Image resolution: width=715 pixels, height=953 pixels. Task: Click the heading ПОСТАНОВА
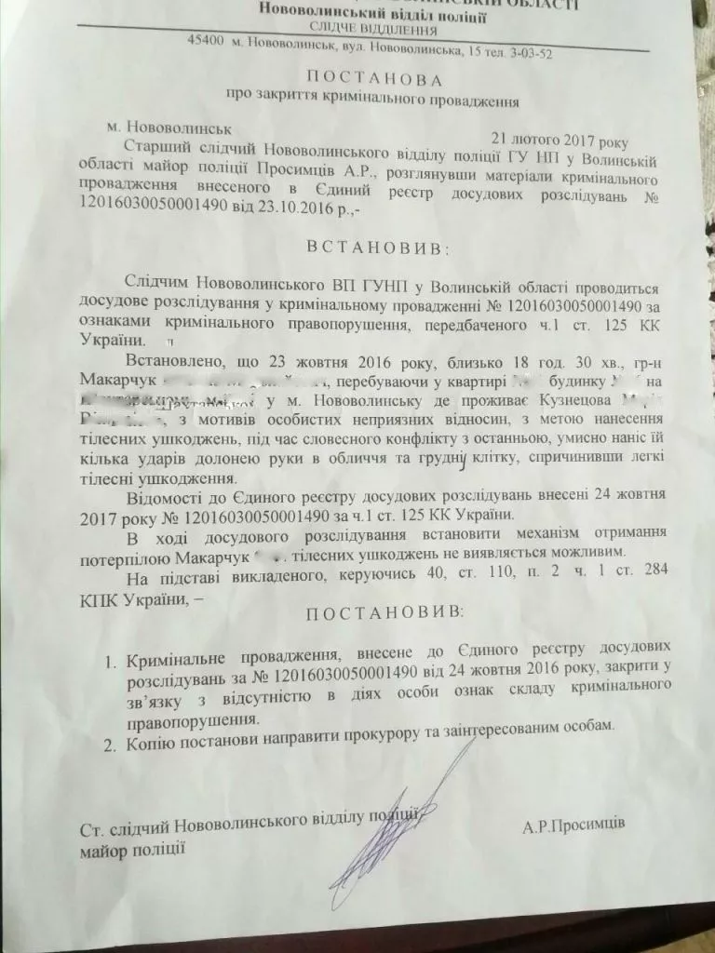click(x=371, y=77)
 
